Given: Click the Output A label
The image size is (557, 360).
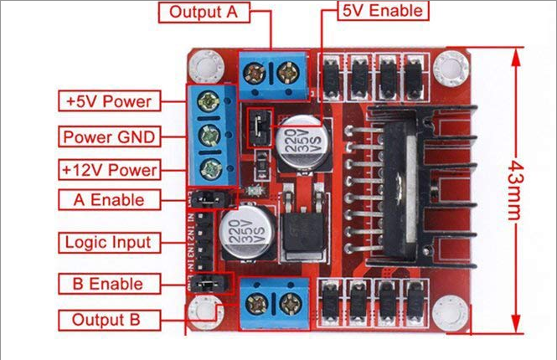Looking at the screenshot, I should pos(204,12).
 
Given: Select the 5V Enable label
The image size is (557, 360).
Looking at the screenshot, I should pos(382,11).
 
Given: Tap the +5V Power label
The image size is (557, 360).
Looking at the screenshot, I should pos(109,102).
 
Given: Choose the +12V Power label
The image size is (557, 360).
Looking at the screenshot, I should pos(109,169).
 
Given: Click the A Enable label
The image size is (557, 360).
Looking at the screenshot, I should pos(109,200).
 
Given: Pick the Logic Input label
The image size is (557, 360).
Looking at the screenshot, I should pos(109,243).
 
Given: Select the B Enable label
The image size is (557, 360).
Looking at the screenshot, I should pos(109,284).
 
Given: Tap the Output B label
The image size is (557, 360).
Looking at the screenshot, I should pos(109,319).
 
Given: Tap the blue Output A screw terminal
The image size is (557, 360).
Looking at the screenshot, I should pos(272,75).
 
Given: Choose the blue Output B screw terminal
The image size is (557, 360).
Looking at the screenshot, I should pos(272,301).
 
